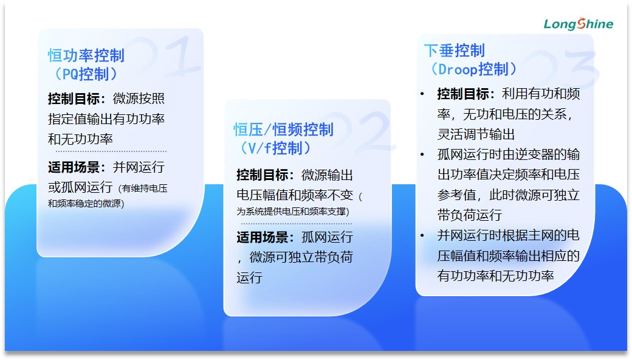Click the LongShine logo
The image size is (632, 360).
pyautogui.click(x=579, y=24)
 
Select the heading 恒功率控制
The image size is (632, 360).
pyautogui.click(x=86, y=55)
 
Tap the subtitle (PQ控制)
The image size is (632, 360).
pyautogui.click(x=86, y=74)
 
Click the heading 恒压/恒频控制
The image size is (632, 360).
pyautogui.click(x=283, y=130)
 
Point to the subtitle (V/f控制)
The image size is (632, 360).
pyautogui.click(x=276, y=148)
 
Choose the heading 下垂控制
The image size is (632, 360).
pyautogui.click(x=455, y=50)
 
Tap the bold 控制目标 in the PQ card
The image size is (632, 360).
pyautogui.click(x=74, y=99)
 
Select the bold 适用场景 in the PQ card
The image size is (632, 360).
pyautogui.click(x=74, y=167)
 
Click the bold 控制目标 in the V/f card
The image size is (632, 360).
pyautogui.click(x=263, y=175)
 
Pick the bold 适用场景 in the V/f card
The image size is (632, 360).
pyautogui.click(x=263, y=237)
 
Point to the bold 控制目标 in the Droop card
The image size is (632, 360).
pyautogui.click(x=463, y=94)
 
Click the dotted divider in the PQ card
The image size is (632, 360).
pyautogui.click(x=111, y=151)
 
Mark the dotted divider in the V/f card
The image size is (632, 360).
pyautogui.click(x=297, y=223)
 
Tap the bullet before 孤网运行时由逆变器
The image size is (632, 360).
pyautogui.click(x=422, y=154)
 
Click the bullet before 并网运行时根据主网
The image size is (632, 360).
pyautogui.click(x=422, y=235)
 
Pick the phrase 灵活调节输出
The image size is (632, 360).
pyautogui.click(x=476, y=134)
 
